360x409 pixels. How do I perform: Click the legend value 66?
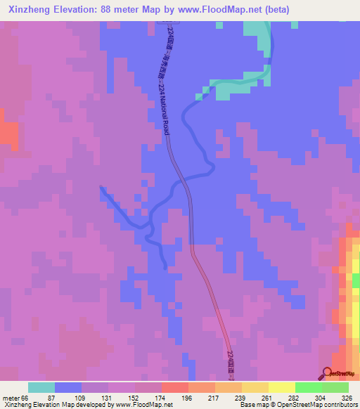click(x=25, y=398)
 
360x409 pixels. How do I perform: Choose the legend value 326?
click(x=347, y=398)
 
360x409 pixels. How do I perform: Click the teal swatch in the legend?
click(x=41, y=387)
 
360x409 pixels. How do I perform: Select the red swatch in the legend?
click(x=175, y=387)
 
